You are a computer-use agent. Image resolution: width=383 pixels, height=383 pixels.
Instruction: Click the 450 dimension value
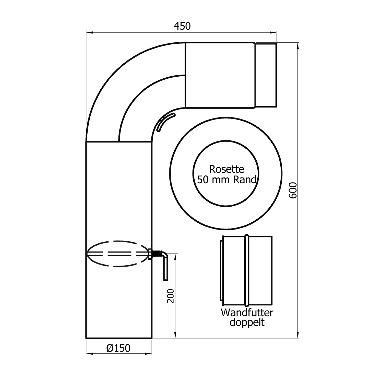pyautogui.click(x=182, y=26)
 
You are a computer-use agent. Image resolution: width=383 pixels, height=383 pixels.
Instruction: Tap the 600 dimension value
pyautogui.click(x=293, y=190)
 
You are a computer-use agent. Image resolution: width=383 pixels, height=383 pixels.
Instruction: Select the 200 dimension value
pyautogui.click(x=170, y=296)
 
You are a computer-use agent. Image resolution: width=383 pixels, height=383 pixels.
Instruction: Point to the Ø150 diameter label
pyautogui.click(x=118, y=348)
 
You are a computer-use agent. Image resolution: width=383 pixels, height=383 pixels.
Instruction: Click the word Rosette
pyautogui.click(x=226, y=169)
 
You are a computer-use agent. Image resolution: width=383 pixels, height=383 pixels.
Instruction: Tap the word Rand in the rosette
pyautogui.click(x=245, y=180)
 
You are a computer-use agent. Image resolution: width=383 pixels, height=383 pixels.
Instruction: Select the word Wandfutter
pyautogui.click(x=247, y=313)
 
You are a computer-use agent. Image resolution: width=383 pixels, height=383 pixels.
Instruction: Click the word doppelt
pyautogui.click(x=247, y=322)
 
